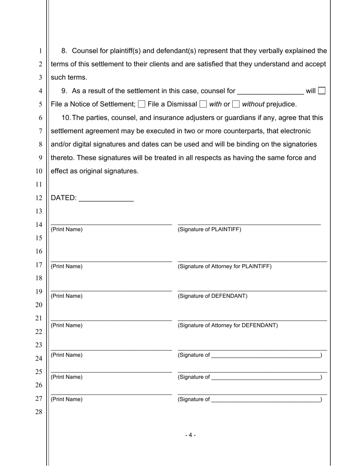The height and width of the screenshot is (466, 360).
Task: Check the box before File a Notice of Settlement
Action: point(322,91)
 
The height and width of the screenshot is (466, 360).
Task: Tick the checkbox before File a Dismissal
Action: point(142,104)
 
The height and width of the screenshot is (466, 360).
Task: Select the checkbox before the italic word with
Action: point(203,104)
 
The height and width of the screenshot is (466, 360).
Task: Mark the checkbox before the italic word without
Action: point(236,104)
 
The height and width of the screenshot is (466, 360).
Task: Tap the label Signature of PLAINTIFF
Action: point(209,229)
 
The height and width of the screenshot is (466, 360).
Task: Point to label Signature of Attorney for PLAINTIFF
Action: point(224,266)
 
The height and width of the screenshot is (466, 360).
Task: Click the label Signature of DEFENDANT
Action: point(212,296)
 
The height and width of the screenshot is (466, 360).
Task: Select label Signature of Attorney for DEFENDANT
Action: point(227,325)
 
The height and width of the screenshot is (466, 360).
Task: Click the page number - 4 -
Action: point(190,435)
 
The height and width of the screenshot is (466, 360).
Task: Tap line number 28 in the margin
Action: point(39,412)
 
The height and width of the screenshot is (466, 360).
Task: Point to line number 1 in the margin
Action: point(40,51)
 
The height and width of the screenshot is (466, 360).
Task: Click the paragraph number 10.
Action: point(66,118)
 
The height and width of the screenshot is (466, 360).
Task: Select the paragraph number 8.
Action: point(64,51)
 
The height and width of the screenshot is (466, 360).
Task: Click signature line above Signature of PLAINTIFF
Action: point(249,224)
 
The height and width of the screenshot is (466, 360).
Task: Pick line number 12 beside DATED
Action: point(39,198)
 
